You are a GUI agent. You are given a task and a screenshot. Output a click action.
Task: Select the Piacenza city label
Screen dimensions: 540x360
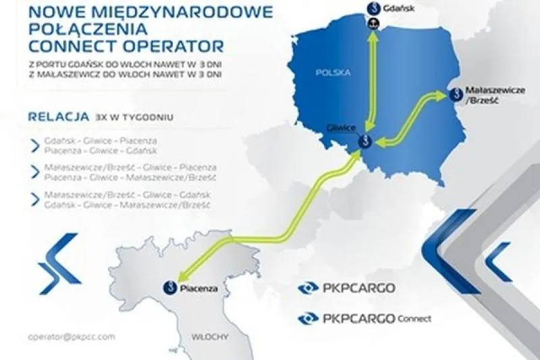[x=199, y=288]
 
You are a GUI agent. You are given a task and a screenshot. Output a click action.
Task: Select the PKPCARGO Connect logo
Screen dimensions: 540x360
[x=364, y=317]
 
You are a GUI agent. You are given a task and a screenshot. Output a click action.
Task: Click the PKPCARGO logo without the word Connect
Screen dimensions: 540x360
[x=346, y=288]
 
